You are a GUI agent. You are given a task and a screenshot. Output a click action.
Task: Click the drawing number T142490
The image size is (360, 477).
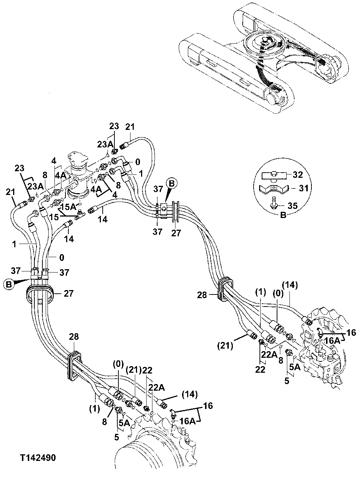tap(38, 458)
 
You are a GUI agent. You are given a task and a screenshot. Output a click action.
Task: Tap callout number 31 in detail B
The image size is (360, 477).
tap(303, 188)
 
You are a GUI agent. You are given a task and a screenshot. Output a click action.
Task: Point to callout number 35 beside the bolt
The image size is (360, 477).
tap(292, 206)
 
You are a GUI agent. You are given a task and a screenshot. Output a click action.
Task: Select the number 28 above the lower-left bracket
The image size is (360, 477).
tap(73, 337)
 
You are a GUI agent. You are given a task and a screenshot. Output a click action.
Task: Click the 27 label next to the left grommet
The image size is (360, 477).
tap(69, 293)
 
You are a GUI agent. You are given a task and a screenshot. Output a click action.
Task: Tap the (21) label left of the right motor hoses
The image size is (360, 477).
tap(225, 345)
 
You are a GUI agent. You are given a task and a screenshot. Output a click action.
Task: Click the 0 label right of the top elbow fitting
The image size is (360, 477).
tap(137, 161)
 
